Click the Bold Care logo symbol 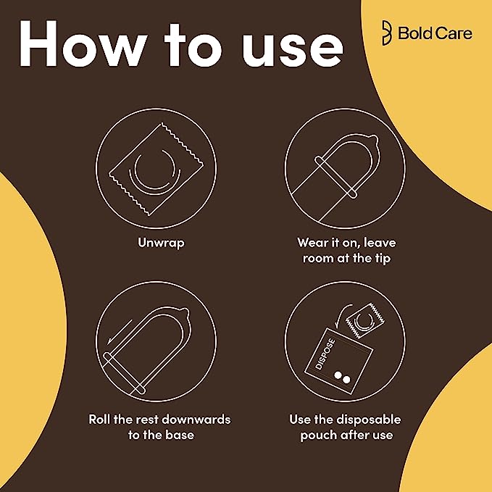click(x=387, y=33)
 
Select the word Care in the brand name click(x=454, y=33)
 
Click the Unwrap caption click(x=161, y=243)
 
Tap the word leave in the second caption click(x=380, y=242)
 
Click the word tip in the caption click(x=382, y=258)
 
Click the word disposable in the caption click(x=368, y=420)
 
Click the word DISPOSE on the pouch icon click(x=325, y=354)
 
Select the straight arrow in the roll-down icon click(x=120, y=332)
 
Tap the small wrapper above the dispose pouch click(x=365, y=321)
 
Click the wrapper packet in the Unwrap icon click(x=157, y=170)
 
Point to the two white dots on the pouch click(x=342, y=378)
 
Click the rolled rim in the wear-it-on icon click(x=336, y=178)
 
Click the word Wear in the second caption click(x=313, y=243)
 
